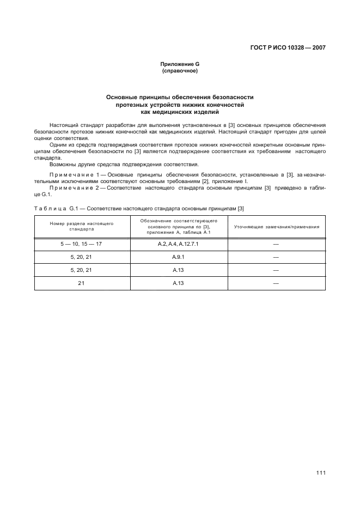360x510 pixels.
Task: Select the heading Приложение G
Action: point(180,64)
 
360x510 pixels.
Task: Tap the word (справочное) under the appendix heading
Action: point(180,71)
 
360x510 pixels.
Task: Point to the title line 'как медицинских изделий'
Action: point(180,112)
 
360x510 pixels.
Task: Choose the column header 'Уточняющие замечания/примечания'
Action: point(276,227)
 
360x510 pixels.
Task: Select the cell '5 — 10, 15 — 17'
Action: point(82,244)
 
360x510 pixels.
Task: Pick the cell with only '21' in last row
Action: point(82,283)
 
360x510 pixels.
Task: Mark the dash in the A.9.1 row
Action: point(276,257)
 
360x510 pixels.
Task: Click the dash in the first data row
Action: point(276,244)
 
